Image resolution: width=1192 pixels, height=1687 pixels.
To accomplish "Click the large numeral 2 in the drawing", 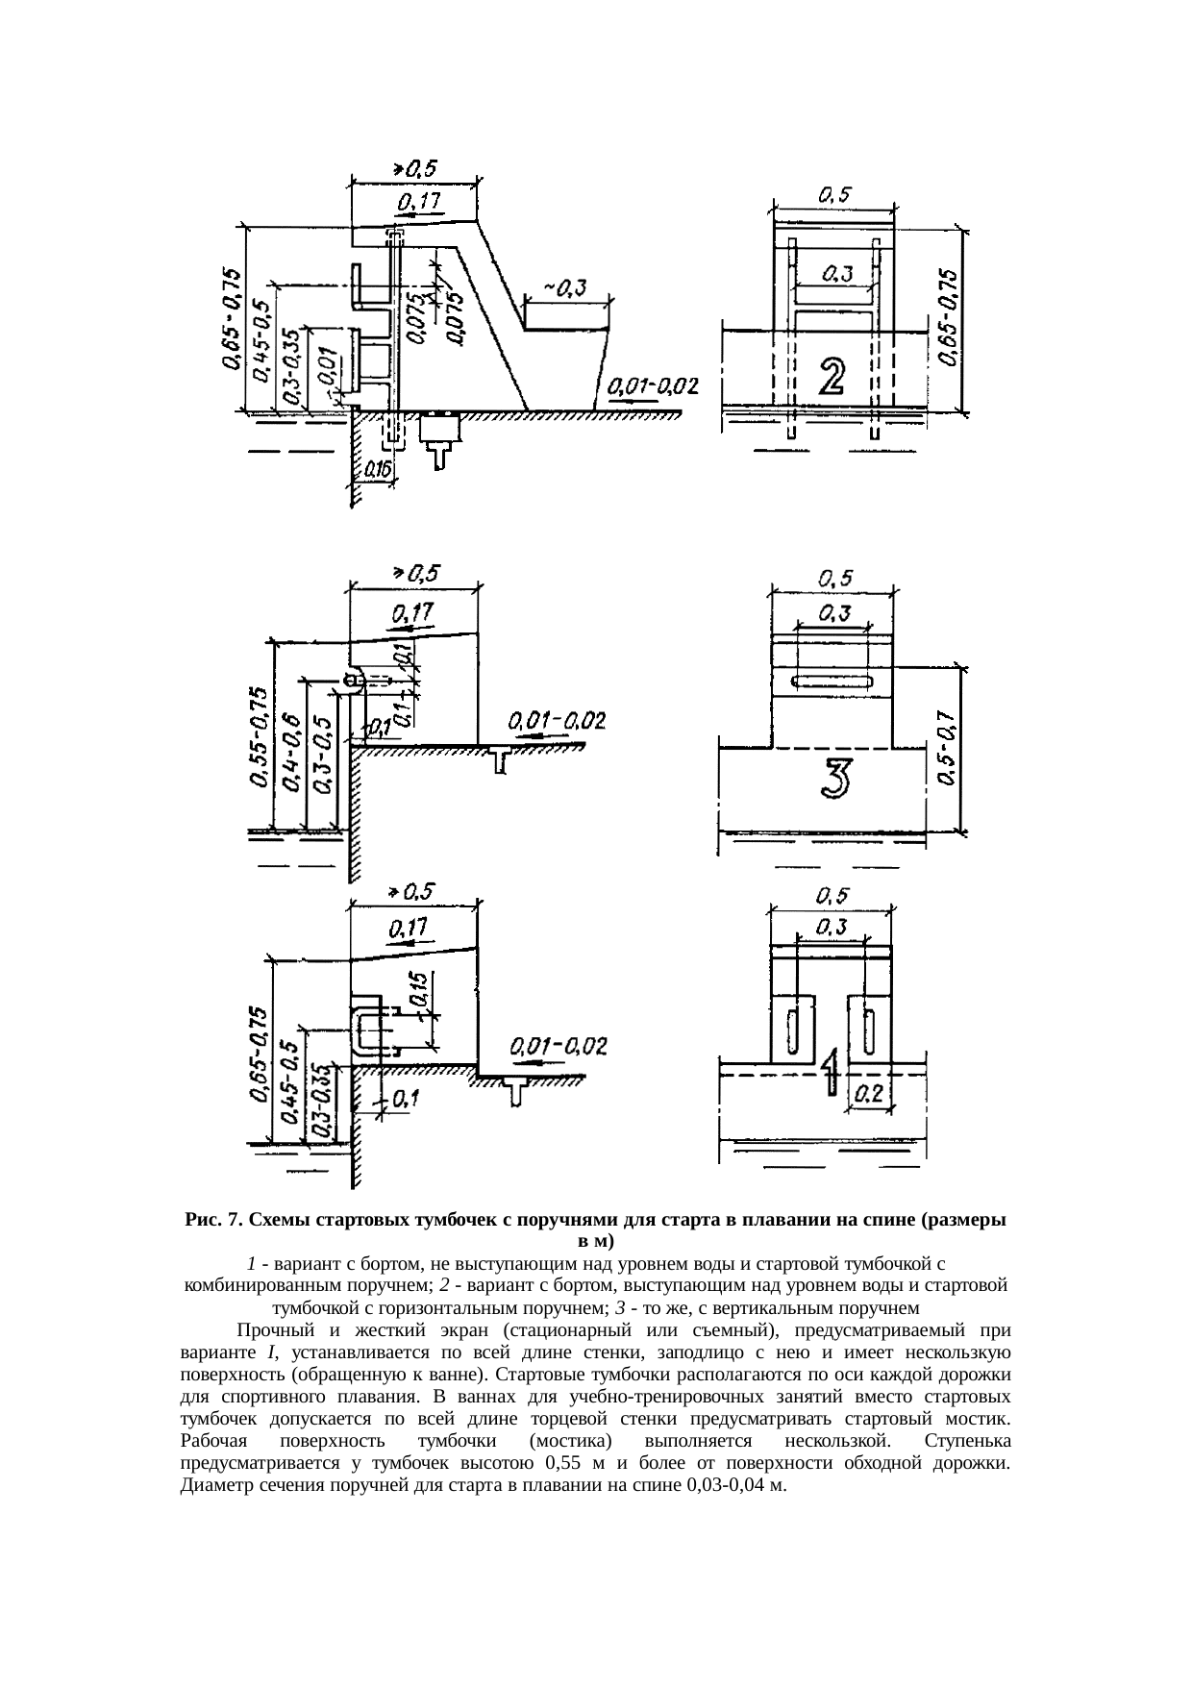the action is tap(832, 376).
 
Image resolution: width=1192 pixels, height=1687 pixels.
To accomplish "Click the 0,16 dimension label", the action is tap(377, 470).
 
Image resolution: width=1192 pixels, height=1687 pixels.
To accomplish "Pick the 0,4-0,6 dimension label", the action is tap(293, 751).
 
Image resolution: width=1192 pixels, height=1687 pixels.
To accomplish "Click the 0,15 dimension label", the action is tap(419, 990).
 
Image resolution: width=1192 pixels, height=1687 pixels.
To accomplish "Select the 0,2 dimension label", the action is tap(870, 1093).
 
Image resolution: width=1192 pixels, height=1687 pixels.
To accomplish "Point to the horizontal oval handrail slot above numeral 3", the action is tap(832, 682).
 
